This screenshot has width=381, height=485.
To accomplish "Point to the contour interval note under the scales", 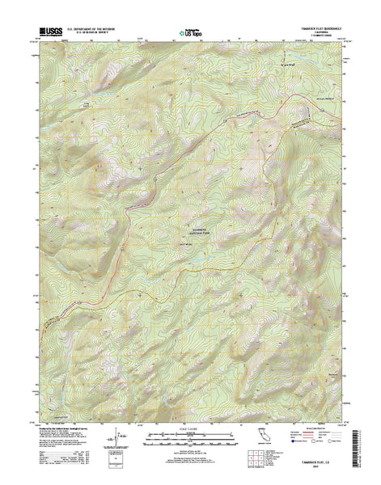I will [190, 453].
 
